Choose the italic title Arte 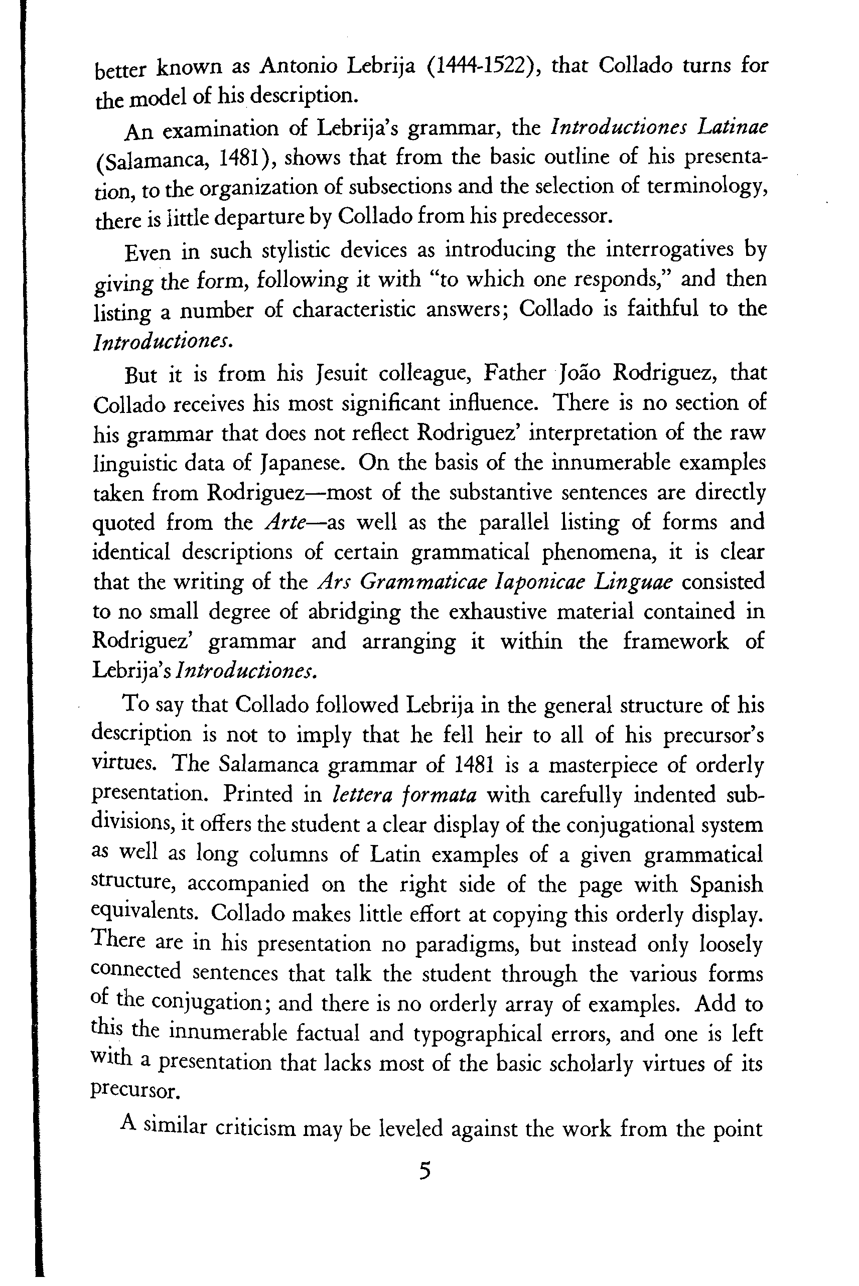pos(284,522)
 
